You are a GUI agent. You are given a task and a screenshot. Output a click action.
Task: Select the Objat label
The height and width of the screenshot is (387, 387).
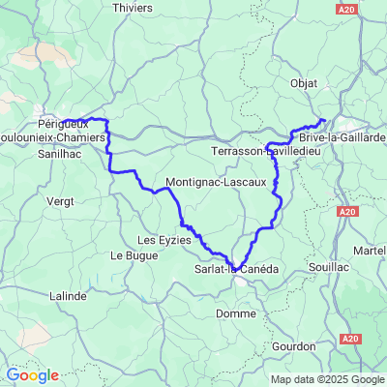click(304, 83)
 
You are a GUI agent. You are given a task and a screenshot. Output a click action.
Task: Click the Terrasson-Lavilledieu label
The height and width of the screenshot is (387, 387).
click(264, 153)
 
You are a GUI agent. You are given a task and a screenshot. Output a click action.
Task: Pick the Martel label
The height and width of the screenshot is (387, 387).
click(372, 251)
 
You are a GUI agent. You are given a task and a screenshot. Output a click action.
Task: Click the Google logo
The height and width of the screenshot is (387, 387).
click(32, 375)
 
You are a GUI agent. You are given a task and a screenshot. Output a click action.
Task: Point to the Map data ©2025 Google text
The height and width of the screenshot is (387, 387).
click(327, 379)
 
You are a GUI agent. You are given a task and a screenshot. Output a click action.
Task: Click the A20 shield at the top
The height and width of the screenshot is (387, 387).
click(349, 8)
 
